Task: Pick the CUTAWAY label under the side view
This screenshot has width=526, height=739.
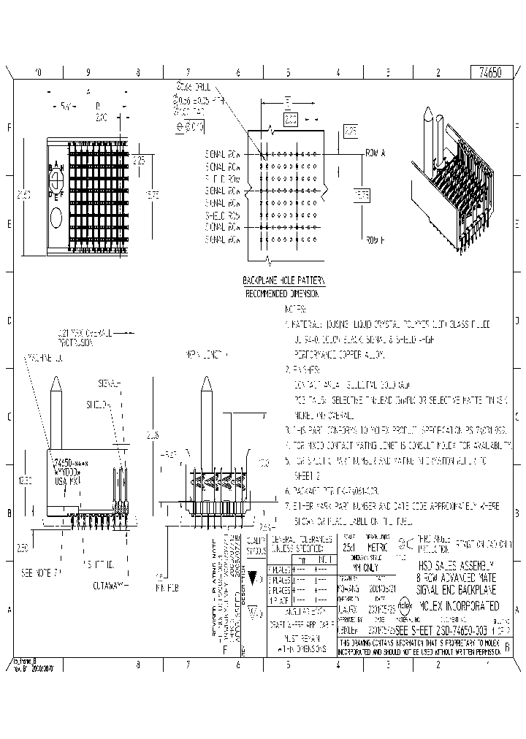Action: click(107, 585)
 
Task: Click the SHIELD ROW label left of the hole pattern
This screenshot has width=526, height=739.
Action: click(223, 215)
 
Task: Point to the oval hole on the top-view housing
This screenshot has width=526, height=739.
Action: click(56, 217)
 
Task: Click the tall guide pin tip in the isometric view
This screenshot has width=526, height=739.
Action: click(427, 115)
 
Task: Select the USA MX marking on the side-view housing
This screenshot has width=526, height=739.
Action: click(67, 482)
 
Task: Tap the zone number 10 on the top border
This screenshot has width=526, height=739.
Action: click(39, 73)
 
